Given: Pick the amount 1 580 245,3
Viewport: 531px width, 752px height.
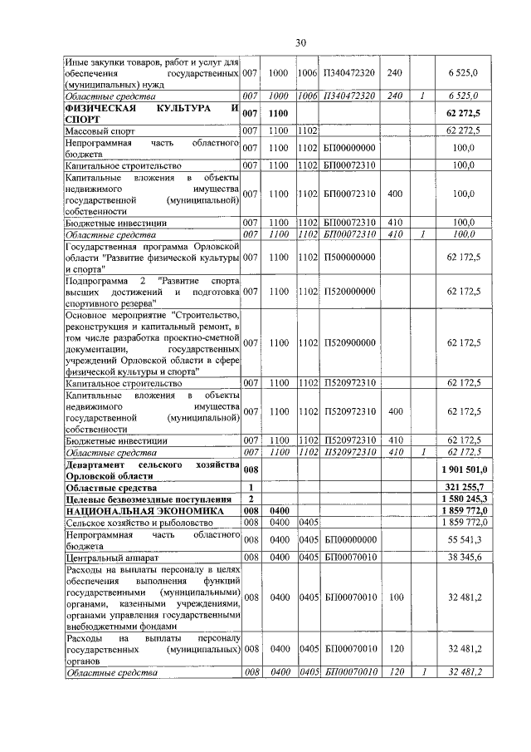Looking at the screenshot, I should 463,498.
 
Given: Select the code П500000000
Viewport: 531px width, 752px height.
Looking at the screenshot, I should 349,258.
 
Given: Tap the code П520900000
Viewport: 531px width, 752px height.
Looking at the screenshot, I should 349,343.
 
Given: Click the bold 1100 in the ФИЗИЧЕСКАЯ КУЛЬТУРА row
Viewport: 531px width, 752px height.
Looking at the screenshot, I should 278,114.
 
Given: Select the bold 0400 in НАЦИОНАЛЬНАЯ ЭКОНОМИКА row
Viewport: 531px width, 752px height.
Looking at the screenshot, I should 279,510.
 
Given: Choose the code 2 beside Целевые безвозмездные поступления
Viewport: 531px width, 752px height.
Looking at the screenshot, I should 251,498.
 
